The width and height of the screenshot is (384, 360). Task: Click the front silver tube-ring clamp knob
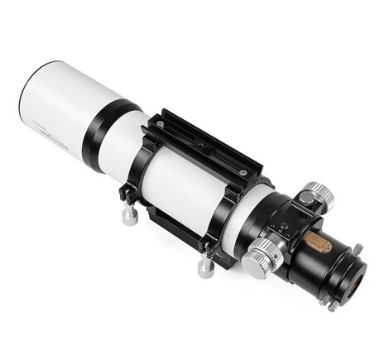(129, 214)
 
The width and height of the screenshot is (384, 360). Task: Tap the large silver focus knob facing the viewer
(257, 258)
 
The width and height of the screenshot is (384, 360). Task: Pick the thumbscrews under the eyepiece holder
(328, 301)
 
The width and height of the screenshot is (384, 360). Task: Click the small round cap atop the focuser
(307, 199)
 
